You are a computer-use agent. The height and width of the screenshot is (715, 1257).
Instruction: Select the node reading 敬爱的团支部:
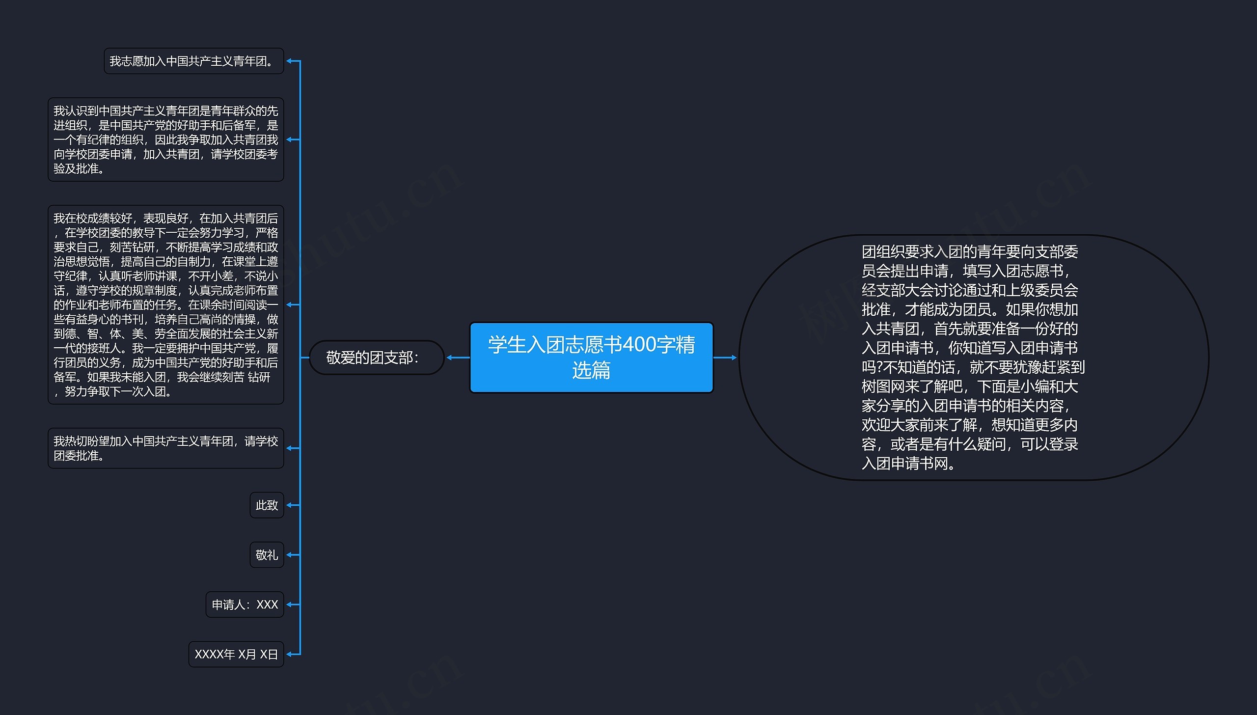[x=377, y=357]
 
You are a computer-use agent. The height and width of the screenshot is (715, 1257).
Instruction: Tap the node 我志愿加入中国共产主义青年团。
[x=193, y=61]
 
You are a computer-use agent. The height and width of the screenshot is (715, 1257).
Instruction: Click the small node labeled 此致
[x=267, y=505]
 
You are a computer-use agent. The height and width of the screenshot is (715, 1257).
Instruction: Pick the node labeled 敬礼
[x=267, y=555]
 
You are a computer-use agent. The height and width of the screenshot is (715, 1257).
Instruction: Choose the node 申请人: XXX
[x=245, y=605]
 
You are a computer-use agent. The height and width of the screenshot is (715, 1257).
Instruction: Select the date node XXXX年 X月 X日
[x=236, y=654]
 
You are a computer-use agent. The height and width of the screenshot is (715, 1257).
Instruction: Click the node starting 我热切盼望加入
[x=165, y=448]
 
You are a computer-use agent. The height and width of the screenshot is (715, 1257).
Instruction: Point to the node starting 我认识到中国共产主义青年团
[x=165, y=139]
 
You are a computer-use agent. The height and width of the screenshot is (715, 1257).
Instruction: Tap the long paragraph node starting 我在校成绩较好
[x=165, y=304]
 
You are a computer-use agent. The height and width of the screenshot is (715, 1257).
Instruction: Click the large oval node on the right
[x=973, y=357]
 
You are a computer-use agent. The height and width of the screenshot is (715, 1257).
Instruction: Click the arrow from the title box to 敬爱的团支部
[x=458, y=357]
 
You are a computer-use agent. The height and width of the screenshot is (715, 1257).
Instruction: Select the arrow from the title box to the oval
[x=725, y=357]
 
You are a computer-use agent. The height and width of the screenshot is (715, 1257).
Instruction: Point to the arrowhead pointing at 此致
[x=290, y=505]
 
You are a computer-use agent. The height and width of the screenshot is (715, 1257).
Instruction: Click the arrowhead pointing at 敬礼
[x=290, y=555]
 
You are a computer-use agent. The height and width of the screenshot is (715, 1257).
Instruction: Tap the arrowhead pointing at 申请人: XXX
[x=290, y=605]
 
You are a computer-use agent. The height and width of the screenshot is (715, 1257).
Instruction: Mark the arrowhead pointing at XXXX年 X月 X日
[x=290, y=654]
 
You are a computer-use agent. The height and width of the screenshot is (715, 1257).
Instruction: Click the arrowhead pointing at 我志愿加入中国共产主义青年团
[x=290, y=61]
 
